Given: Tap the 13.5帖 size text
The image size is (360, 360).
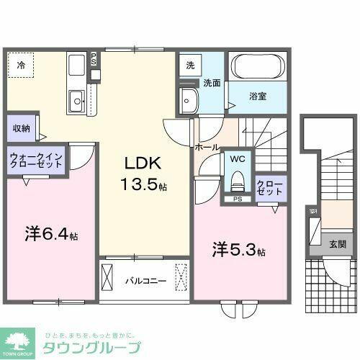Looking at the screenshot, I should pos(143,185).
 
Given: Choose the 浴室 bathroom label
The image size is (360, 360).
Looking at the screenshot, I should pos(259,96).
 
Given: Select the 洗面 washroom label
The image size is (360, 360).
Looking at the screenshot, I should pos(210,83).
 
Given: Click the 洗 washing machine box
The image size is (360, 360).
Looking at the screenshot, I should pos(189,66).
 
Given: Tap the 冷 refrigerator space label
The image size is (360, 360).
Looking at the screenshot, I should pos(21,66).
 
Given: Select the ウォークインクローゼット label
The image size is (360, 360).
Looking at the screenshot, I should pos(36,160).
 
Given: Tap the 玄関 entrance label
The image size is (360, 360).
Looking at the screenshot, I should pos(337,244).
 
